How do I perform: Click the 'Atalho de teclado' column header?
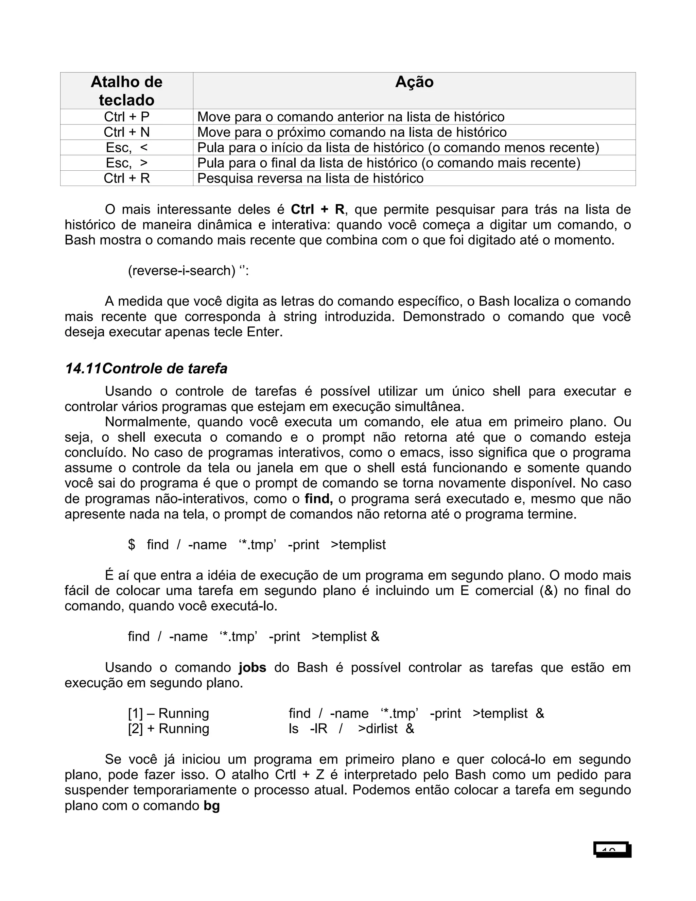(126, 91)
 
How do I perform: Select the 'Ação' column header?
(414, 82)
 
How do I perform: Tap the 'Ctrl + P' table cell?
(126, 117)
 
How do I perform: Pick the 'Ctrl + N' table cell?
(126, 132)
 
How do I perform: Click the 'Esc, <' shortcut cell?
(126, 147)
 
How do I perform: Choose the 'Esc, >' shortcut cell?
(126, 163)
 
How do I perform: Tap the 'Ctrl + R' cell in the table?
(126, 178)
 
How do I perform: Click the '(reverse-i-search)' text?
(181, 271)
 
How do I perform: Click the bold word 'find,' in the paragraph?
(319, 499)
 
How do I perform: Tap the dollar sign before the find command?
(132, 545)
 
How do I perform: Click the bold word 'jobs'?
(253, 667)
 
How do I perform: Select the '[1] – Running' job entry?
(168, 713)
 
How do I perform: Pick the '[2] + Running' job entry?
(168, 729)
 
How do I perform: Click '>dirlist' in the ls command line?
(377, 729)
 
